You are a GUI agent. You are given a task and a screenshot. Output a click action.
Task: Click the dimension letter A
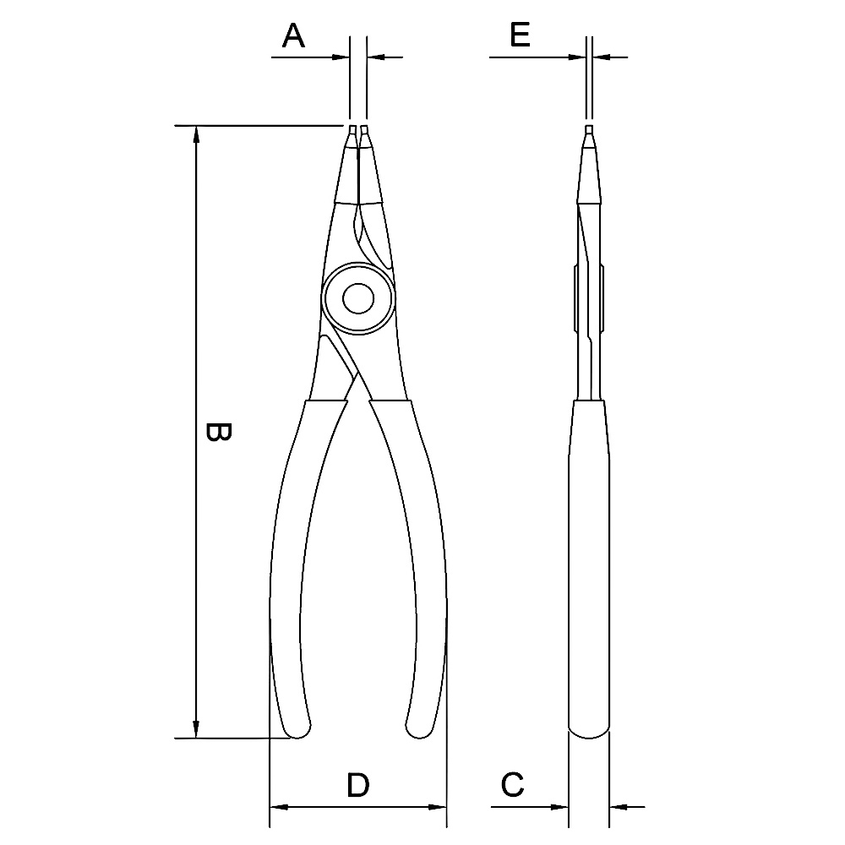pyautogui.click(x=294, y=35)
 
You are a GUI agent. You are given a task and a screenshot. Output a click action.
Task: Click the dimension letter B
pyautogui.click(x=219, y=432)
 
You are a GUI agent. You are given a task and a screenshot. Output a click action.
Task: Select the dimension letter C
pyautogui.click(x=512, y=785)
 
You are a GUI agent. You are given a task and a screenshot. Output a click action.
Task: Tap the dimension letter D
pyautogui.click(x=358, y=785)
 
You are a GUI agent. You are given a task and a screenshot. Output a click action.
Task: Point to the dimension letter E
pyautogui.click(x=520, y=35)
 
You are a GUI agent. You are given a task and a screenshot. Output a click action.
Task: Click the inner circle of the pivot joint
pyautogui.click(x=358, y=298)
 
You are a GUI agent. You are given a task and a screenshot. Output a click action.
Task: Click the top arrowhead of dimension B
pyautogui.click(x=197, y=134)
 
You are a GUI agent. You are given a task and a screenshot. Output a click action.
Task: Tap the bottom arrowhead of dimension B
pyautogui.click(x=197, y=729)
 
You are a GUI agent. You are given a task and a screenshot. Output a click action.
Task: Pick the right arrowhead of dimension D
pyautogui.click(x=438, y=807)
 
